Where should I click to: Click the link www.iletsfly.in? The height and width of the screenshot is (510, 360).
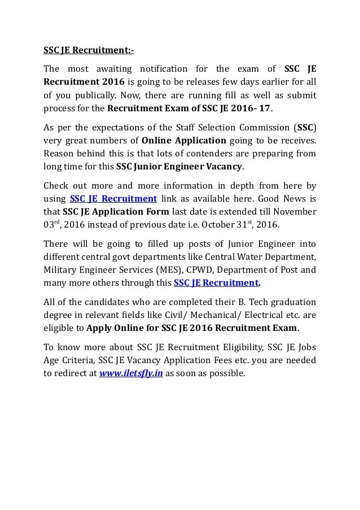pyautogui.click(x=131, y=373)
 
